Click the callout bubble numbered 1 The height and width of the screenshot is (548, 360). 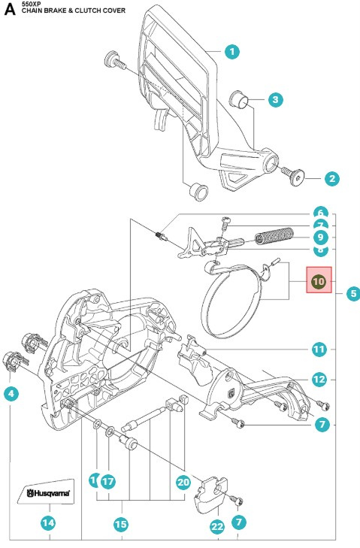point(232,52)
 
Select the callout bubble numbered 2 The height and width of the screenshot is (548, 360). point(331,179)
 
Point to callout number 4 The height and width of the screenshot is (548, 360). point(11,393)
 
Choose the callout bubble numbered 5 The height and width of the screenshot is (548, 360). point(352,294)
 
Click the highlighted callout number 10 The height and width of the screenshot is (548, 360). point(318,281)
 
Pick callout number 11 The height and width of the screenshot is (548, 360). point(319,349)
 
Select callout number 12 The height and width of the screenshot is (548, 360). point(319,379)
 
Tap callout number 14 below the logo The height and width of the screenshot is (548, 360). point(50,521)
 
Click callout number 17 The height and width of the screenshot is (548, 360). point(108,480)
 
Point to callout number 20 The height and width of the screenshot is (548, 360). point(183,483)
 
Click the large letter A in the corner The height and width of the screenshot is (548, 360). point(10,11)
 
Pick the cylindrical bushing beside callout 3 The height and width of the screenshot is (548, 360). point(239,99)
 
